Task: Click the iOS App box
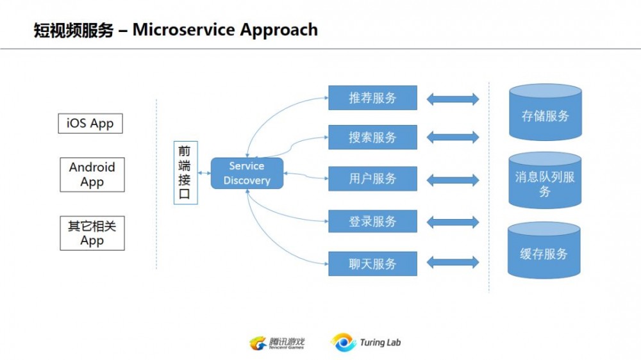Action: pos(90,124)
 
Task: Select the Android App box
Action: pos(92,175)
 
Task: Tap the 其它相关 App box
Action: pos(92,233)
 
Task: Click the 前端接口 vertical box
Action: pos(185,173)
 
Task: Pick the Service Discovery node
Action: pos(247,173)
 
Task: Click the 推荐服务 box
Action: pos(372,98)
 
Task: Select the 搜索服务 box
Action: pos(372,137)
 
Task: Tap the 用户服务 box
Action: pos(372,179)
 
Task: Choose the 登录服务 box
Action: pos(372,222)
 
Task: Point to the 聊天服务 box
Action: pos(372,263)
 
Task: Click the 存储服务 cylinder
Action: pos(545,114)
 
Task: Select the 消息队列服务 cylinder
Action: pos(545,181)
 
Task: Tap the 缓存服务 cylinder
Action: pos(544,252)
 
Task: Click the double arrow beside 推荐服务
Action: pos(453,99)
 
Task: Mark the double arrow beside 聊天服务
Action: pos(453,263)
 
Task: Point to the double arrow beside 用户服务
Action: pos(453,180)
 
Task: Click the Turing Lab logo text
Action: pos(380,342)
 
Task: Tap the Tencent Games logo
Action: pos(276,343)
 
